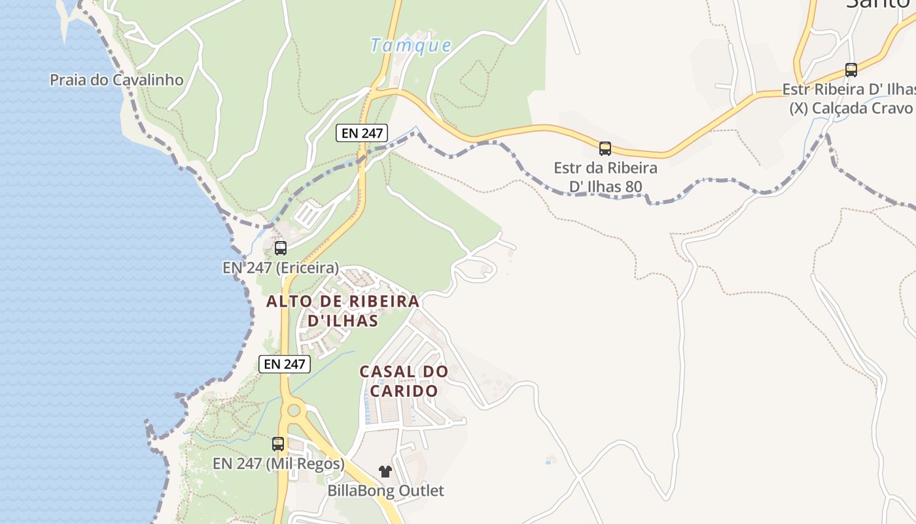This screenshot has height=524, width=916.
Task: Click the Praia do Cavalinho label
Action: tap(116, 80)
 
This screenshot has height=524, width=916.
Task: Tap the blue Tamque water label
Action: tap(410, 45)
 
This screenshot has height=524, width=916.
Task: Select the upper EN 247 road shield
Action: tap(362, 133)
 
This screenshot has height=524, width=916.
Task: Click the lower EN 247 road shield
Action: tap(285, 364)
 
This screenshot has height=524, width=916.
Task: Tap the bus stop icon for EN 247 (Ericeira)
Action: tap(281, 248)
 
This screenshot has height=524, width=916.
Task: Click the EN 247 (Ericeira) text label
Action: tap(281, 267)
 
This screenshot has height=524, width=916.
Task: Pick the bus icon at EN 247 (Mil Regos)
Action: tap(278, 444)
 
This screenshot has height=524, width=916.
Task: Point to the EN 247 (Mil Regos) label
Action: tap(278, 464)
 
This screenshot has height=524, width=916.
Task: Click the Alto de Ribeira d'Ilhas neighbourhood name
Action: tap(343, 310)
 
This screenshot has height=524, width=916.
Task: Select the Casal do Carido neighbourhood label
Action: tap(404, 381)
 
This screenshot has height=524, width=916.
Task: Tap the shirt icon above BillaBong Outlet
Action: tap(385, 471)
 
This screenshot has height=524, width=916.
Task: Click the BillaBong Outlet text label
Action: tap(385, 491)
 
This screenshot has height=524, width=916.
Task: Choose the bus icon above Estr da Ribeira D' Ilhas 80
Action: tap(605, 148)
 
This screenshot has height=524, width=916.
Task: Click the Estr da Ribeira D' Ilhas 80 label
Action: tap(605, 177)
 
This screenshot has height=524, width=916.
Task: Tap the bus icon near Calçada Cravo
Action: tap(851, 69)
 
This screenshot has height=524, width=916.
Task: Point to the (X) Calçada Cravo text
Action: tap(851, 108)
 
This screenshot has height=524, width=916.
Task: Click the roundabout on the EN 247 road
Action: tap(293, 411)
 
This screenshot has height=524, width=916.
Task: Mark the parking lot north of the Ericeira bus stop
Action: tap(308, 213)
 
